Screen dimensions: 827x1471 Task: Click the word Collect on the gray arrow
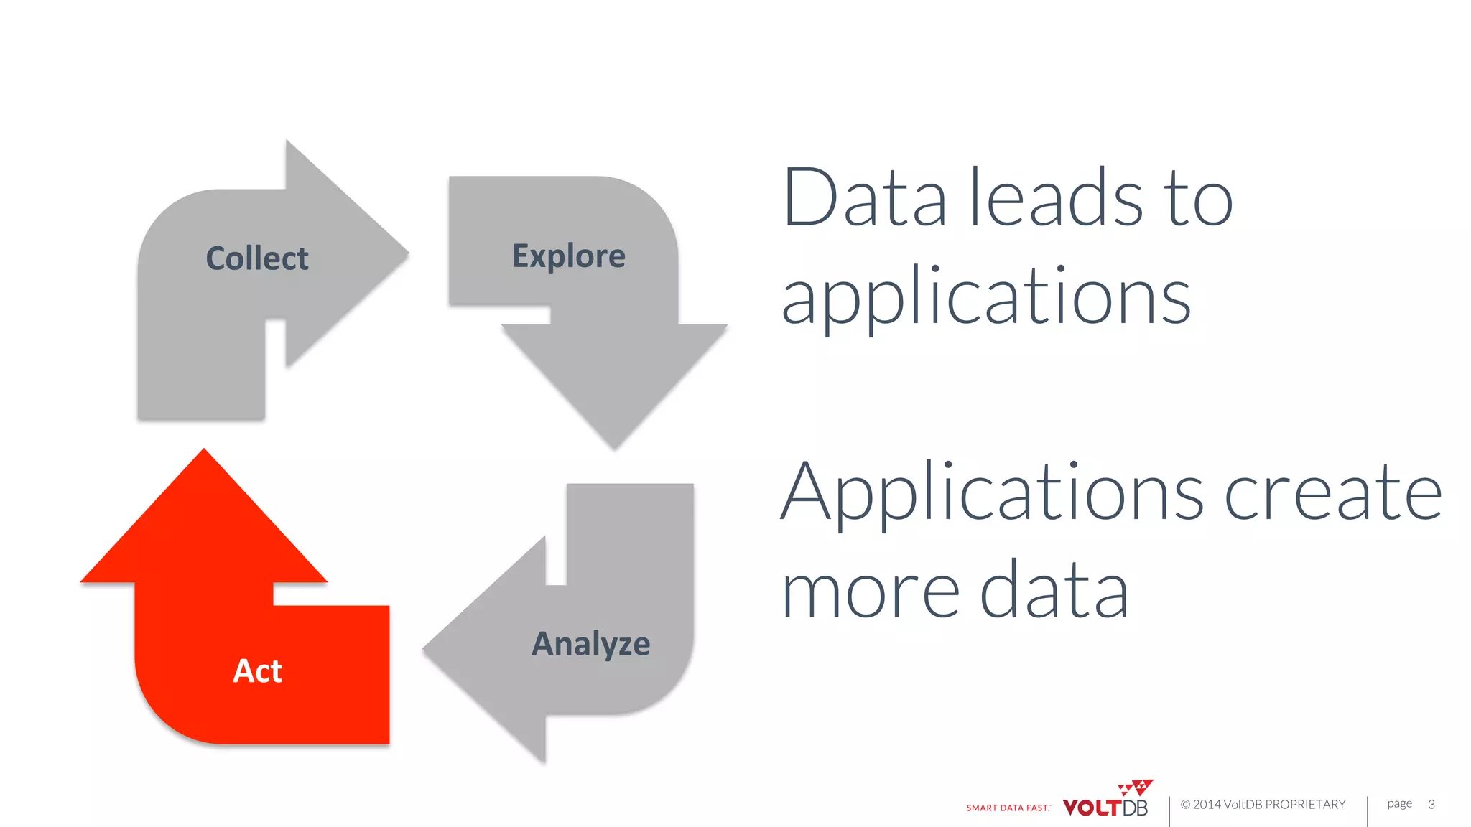[x=257, y=258]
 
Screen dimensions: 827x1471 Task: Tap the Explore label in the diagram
[x=568, y=256]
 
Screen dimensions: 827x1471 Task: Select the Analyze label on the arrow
[x=590, y=644]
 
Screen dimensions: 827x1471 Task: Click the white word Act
[x=257, y=671]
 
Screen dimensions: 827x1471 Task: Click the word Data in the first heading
[x=865, y=197]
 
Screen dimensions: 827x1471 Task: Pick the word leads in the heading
[x=1057, y=197]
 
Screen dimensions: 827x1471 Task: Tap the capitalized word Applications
[x=991, y=495]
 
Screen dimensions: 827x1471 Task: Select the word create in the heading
[x=1333, y=495]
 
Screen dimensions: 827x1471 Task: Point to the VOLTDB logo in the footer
[x=1105, y=807]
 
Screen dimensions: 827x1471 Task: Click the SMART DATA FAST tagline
[x=1008, y=808]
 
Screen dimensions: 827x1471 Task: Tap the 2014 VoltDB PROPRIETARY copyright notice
[x=1263, y=805]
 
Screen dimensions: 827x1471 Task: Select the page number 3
[x=1431, y=805]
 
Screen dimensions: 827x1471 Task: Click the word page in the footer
[x=1399, y=804]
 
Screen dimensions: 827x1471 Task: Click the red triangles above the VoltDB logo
[x=1136, y=787]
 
